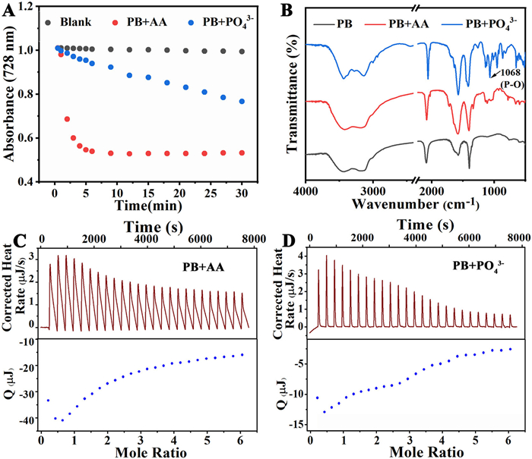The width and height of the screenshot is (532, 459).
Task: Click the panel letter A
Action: click(9, 10)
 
